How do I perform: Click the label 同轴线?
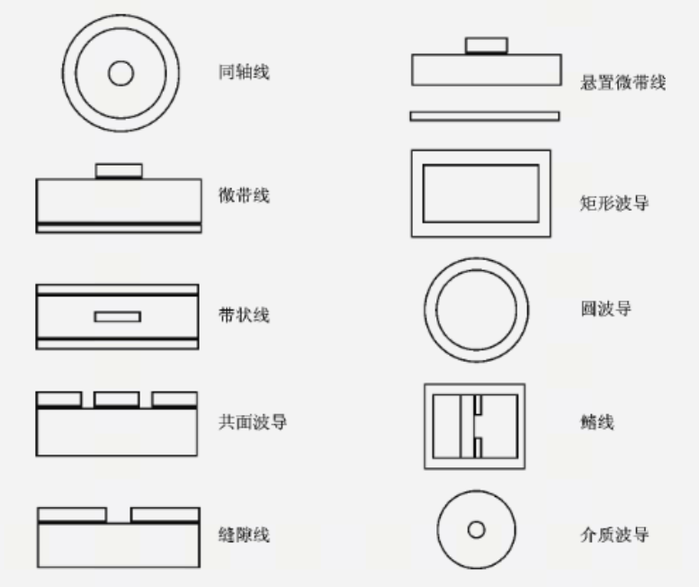click(x=244, y=72)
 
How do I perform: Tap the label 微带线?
click(x=244, y=195)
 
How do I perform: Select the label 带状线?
click(x=244, y=315)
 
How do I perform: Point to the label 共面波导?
click(x=252, y=422)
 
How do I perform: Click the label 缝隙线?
click(x=244, y=535)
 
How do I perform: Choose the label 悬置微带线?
click(x=623, y=83)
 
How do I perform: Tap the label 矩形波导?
click(x=614, y=203)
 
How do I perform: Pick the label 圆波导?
click(x=605, y=309)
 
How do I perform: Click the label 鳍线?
click(x=597, y=422)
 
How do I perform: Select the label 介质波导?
click(x=614, y=535)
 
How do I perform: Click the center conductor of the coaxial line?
click(x=121, y=73)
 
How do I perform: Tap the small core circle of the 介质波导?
click(x=476, y=530)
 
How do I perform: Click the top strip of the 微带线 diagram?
click(x=119, y=171)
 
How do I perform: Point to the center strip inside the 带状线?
click(x=118, y=317)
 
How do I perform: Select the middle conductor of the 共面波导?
click(x=117, y=399)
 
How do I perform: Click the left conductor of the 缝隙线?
click(x=72, y=515)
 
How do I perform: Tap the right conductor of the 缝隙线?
click(x=166, y=515)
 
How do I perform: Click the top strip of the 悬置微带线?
click(x=487, y=46)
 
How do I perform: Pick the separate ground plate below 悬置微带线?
click(x=485, y=116)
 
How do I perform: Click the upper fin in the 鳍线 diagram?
click(x=478, y=405)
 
